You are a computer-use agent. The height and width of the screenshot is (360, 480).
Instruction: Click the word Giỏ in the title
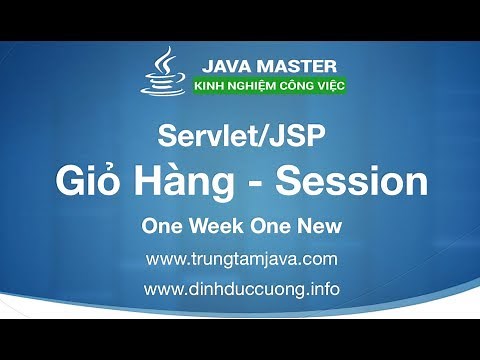point(86,183)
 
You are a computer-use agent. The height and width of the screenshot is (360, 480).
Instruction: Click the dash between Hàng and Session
point(259,185)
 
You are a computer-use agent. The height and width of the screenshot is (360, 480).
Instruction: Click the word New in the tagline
point(318,226)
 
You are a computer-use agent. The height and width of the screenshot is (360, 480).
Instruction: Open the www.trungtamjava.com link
point(241,259)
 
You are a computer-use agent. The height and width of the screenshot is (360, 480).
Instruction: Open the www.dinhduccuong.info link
point(241,290)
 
